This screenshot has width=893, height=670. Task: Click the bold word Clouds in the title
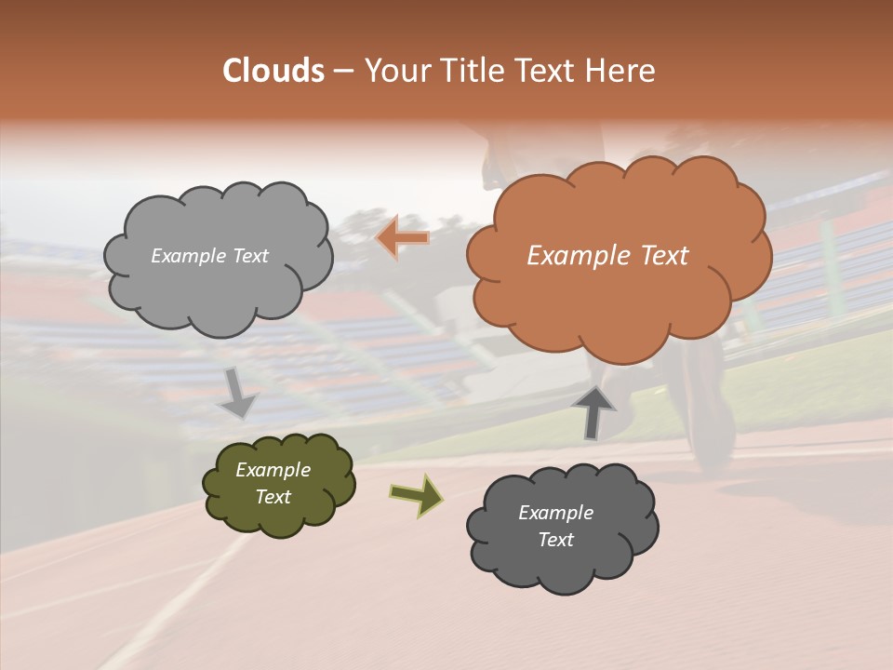(x=273, y=71)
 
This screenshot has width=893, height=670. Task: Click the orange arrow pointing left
(x=403, y=238)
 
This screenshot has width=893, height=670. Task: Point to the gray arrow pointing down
(x=238, y=394)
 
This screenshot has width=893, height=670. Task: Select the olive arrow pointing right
(x=416, y=495)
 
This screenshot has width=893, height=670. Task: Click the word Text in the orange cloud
(x=664, y=256)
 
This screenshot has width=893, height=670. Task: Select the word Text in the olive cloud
(x=273, y=497)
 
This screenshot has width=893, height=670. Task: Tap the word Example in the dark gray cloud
(x=555, y=513)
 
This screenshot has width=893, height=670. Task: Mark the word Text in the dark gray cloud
(x=555, y=540)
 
